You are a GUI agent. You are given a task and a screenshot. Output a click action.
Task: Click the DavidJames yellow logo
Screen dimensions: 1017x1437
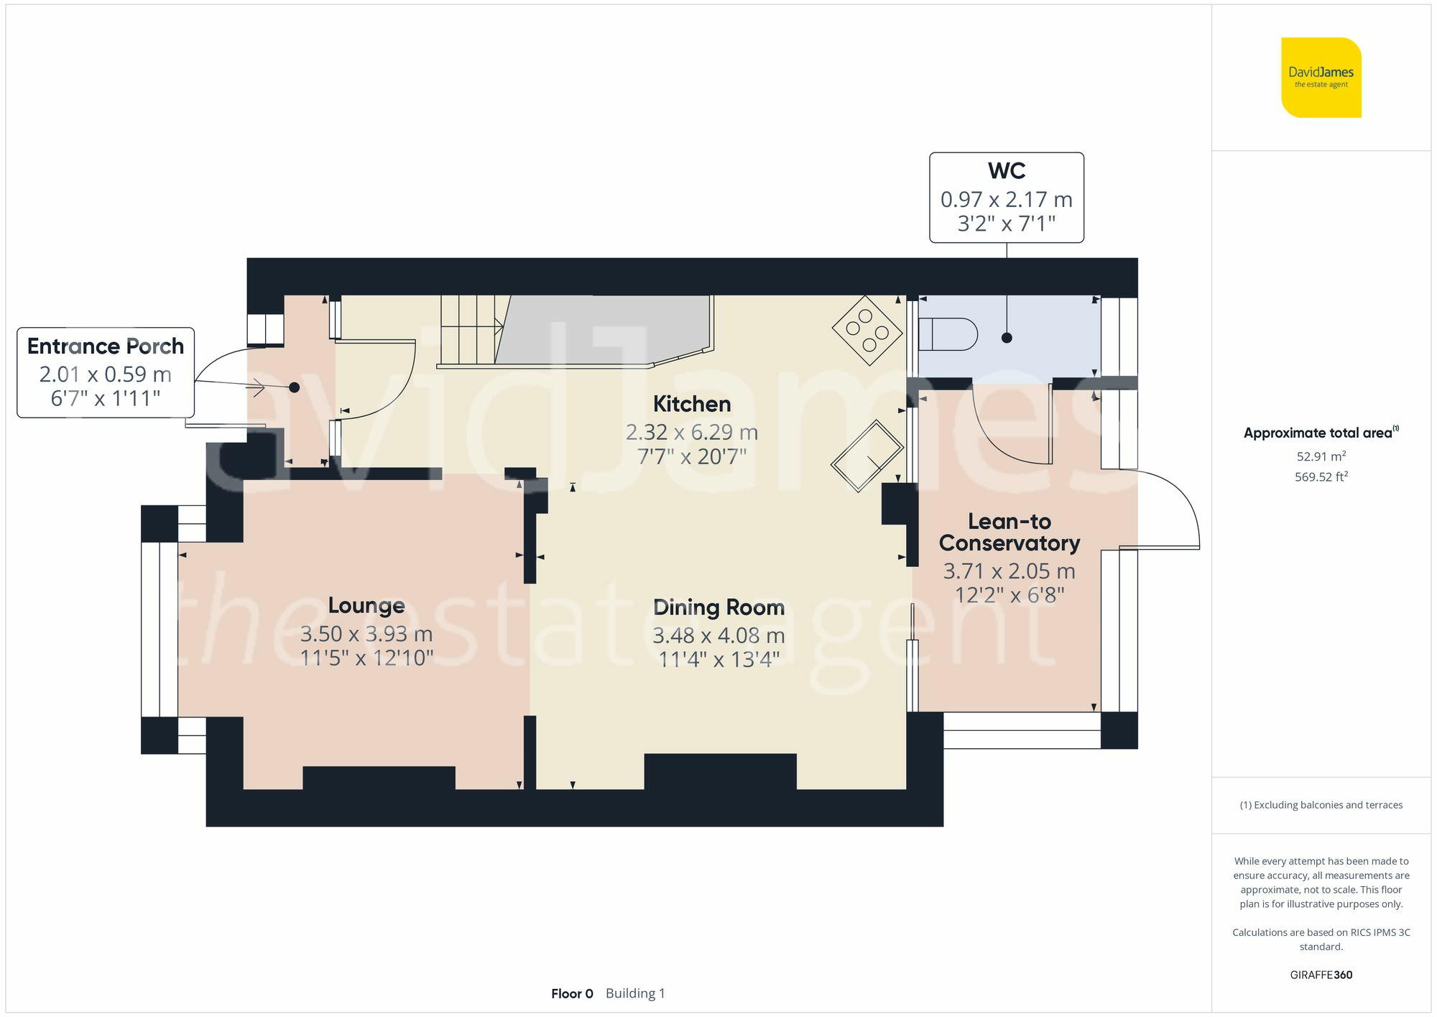pos(1321,78)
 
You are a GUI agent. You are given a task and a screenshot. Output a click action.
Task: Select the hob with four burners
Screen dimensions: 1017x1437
pos(867,330)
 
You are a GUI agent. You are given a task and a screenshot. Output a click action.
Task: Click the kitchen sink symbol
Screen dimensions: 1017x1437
pos(867,456)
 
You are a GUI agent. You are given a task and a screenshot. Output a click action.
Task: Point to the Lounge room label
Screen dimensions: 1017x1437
pos(366,605)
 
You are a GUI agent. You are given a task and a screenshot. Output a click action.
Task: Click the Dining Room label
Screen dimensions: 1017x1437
pos(718,607)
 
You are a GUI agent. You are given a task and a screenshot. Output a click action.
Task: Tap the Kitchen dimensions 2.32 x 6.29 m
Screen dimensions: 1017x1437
pos(691,432)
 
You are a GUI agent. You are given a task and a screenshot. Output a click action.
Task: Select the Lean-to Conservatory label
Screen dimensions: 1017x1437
pos(1009,532)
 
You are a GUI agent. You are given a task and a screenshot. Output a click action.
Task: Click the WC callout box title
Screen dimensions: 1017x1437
pos(1006,171)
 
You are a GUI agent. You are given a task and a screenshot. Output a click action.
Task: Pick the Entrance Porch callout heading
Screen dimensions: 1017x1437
pos(106,346)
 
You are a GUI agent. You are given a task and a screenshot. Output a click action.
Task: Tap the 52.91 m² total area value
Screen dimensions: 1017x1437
pos(1321,456)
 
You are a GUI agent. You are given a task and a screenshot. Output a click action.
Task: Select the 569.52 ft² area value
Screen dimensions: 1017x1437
pos(1321,477)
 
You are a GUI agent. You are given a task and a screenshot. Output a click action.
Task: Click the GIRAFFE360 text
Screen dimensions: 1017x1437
pos(1321,975)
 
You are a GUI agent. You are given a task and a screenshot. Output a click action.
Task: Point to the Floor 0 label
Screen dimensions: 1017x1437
pos(572,993)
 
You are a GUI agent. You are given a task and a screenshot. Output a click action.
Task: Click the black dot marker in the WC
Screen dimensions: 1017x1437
pos(1007,338)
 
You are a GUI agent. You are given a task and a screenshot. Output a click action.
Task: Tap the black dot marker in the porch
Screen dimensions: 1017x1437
pos(294,387)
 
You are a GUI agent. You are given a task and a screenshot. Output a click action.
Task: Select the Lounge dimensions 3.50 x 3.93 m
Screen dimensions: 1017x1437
pos(366,634)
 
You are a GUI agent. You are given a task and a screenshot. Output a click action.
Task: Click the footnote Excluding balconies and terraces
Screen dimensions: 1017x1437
pos(1321,805)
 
